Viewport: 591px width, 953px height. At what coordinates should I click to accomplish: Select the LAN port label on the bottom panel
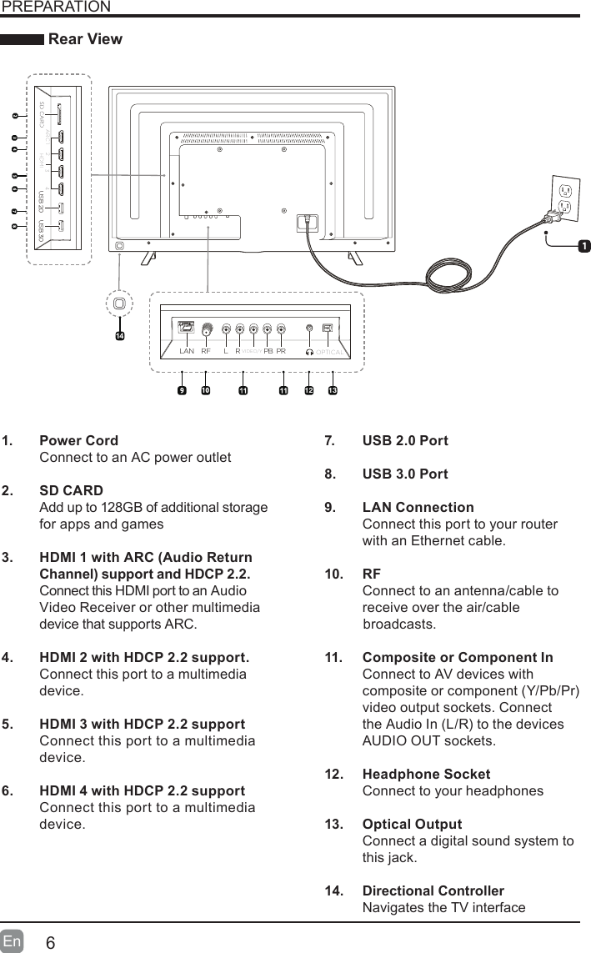[187, 352]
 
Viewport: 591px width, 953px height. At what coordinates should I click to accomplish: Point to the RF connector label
[205, 352]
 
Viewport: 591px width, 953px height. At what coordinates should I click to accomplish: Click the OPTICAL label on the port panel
[331, 353]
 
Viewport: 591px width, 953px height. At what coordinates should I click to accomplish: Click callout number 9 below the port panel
[181, 390]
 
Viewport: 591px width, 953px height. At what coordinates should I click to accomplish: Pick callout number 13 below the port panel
[333, 390]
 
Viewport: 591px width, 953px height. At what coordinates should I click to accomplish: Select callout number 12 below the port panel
[308, 390]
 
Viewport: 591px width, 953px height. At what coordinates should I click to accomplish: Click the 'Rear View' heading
[86, 39]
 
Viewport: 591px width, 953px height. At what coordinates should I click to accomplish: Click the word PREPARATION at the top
[56, 8]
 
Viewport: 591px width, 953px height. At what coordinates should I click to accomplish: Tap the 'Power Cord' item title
[79, 440]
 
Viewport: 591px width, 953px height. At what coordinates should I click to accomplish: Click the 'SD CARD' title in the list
[72, 490]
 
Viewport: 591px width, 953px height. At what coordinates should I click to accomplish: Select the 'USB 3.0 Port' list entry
[405, 474]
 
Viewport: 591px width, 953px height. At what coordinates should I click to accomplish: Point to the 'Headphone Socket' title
[426, 774]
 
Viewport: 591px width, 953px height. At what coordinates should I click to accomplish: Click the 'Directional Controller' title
[433, 890]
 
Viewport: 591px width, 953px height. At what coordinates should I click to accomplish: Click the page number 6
[51, 942]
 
